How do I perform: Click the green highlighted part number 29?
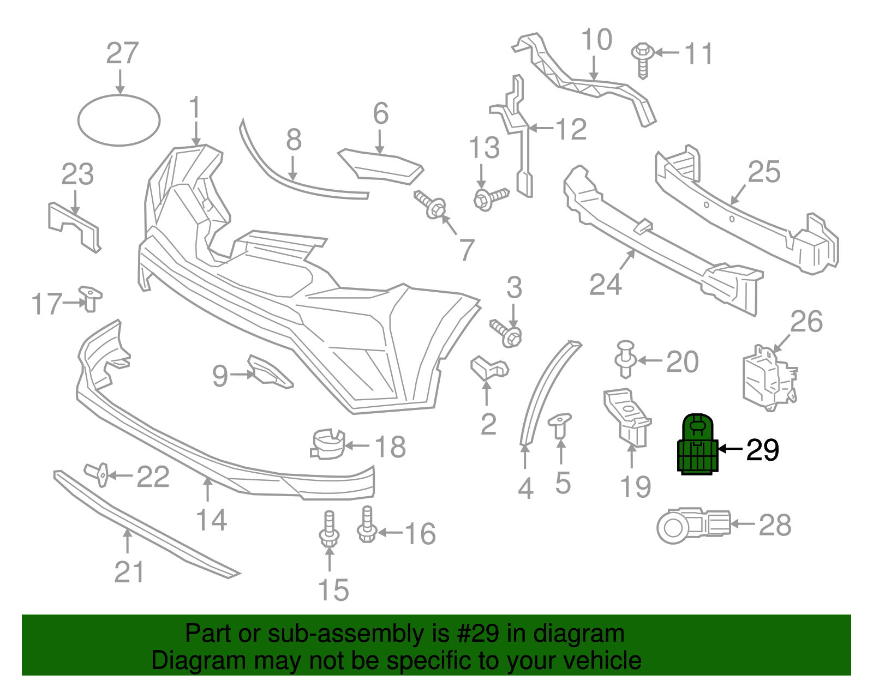pos(697,445)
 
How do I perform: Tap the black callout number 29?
pos(762,450)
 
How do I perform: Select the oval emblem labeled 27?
pos(119,120)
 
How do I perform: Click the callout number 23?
pos(77,174)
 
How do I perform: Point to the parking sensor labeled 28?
pos(692,525)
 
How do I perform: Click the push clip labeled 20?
pos(626,358)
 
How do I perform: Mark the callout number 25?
pos(764,172)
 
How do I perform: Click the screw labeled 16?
pos(367,525)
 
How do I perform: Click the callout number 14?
pos(211,520)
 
